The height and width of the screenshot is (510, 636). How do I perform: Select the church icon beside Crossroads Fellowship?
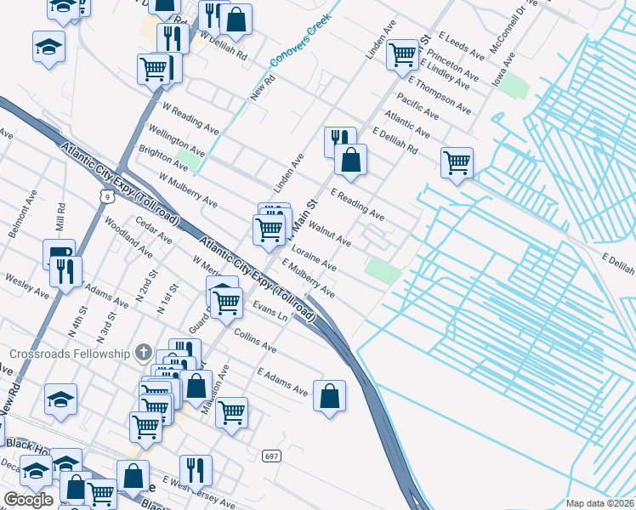click(144, 352)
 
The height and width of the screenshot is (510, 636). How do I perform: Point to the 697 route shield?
click(271, 456)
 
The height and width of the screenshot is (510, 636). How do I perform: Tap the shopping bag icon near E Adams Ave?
click(330, 395)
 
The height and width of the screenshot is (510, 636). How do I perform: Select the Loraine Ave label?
click(314, 259)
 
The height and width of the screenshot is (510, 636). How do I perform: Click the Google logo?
click(28, 500)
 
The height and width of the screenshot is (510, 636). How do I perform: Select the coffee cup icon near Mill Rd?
click(59, 252)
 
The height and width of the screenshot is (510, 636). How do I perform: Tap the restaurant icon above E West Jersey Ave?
click(196, 468)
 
